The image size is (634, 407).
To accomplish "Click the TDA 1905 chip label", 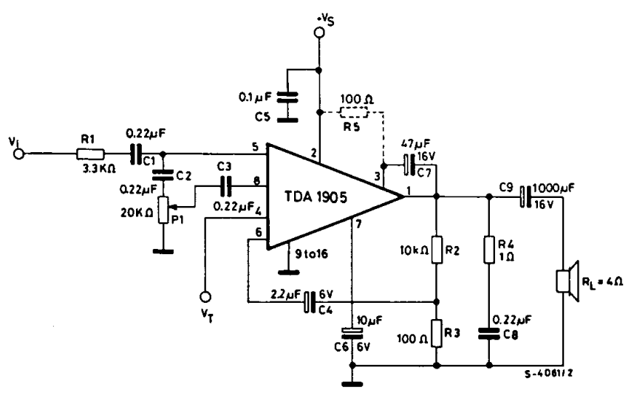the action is click(x=316, y=196).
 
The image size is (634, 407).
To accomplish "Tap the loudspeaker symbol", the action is click(x=567, y=281).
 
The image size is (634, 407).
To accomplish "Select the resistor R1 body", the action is click(x=90, y=154).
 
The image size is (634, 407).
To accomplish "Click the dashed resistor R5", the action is click(x=354, y=112).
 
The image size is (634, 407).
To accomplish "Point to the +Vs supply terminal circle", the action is click(x=319, y=33).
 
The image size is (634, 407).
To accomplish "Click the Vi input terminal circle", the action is click(x=18, y=154).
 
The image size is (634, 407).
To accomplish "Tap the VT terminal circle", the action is click(x=205, y=297).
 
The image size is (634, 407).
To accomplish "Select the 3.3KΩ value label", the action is click(x=99, y=168).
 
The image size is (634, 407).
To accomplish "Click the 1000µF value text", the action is click(x=553, y=188).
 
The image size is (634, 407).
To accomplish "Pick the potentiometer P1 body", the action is click(x=163, y=210).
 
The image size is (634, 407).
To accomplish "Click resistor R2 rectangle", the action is click(x=436, y=250).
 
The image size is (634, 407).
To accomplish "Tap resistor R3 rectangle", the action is click(x=436, y=333).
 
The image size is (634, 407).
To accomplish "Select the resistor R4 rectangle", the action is click(x=489, y=250).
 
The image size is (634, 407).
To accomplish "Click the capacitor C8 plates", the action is click(x=489, y=333).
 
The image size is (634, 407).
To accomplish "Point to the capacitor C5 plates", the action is click(x=287, y=97).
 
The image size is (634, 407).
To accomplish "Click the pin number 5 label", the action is click(x=255, y=146).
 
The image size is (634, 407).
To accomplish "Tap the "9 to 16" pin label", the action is click(x=311, y=254).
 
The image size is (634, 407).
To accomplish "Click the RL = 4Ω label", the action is click(x=602, y=281).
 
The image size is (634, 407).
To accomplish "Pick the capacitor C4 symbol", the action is click(x=310, y=302).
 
